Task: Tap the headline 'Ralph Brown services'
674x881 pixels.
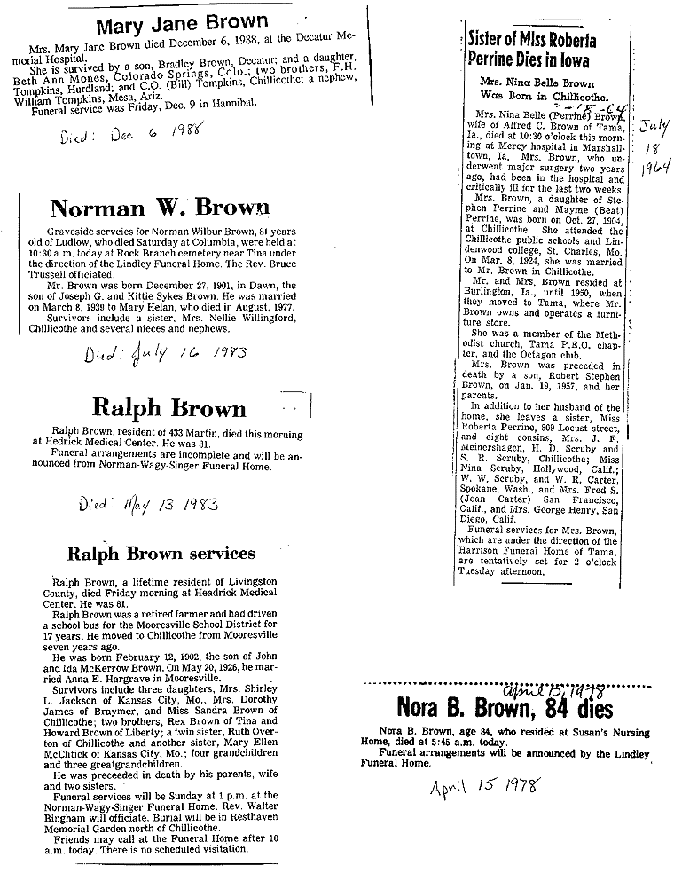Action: [x=161, y=554]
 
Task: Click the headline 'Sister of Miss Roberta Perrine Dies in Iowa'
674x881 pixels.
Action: [x=532, y=51]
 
